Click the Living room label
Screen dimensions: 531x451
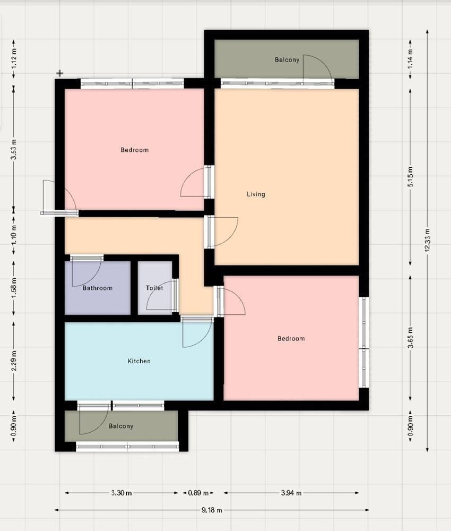tap(256, 194)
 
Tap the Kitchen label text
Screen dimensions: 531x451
tap(139, 361)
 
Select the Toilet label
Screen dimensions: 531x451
tap(154, 288)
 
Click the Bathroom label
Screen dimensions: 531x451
tap(98, 288)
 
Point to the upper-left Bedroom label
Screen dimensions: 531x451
tap(134, 150)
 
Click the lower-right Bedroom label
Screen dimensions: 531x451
tap(291, 339)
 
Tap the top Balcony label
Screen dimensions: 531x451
tap(287, 60)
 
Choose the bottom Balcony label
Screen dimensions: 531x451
tap(121, 426)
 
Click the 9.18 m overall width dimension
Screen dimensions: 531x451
tap(212, 510)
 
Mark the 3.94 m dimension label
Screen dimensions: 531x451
tap(291, 493)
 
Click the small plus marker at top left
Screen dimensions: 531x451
tap(60, 73)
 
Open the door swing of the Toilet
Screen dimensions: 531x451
tap(160, 296)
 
